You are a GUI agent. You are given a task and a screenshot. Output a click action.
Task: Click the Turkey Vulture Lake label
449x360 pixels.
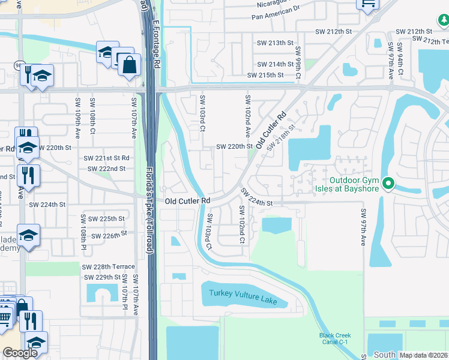pyautogui.click(x=243, y=296)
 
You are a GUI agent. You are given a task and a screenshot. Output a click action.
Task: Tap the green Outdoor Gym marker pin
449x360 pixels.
pyautogui.click(x=388, y=183)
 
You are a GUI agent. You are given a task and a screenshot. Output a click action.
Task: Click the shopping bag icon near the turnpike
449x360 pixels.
pyautogui.click(x=129, y=64)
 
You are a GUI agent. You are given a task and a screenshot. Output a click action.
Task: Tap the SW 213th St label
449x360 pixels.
pyautogui.click(x=275, y=43)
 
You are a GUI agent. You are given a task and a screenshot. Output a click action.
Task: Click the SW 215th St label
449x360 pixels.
pyautogui.click(x=265, y=75)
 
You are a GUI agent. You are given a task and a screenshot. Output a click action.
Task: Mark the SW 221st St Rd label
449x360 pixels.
pyautogui.click(x=106, y=158)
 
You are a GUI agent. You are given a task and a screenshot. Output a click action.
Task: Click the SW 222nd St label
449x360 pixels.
pyautogui.click(x=106, y=169)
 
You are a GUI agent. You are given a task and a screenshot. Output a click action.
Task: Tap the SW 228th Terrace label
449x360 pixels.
pyautogui.click(x=109, y=266)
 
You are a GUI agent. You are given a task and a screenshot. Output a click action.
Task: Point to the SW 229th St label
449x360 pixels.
pyautogui.click(x=101, y=277)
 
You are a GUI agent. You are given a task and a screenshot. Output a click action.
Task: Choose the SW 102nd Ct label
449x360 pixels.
pyautogui.click(x=241, y=224)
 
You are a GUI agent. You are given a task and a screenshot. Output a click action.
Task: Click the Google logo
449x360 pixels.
pyautogui.click(x=20, y=353)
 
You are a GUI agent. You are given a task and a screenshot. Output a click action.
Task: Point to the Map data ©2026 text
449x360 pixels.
pyautogui.click(x=423, y=355)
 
